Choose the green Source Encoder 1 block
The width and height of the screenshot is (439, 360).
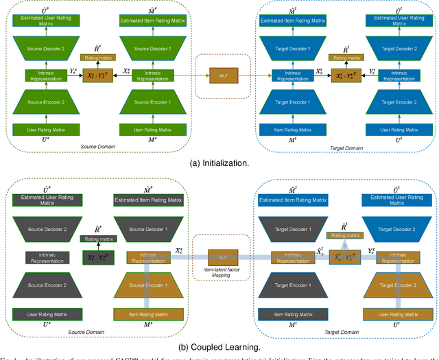pyautogui.click(x=145, y=100)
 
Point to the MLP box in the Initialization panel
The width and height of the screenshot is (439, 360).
pyautogui.click(x=220, y=75)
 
